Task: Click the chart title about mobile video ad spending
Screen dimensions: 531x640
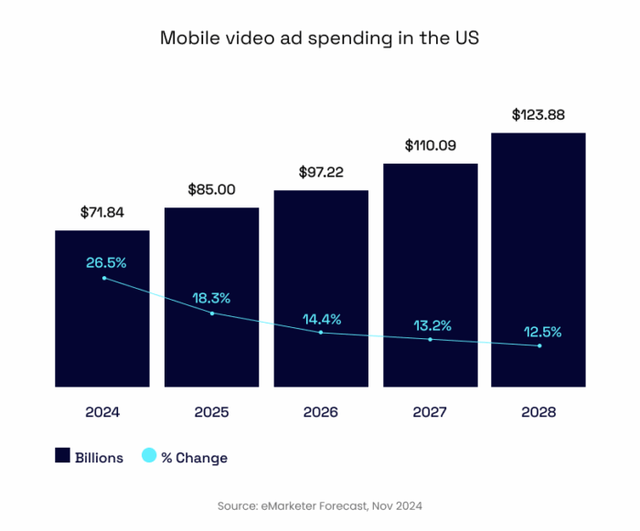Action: tap(320, 38)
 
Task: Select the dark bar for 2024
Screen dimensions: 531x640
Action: tap(102, 338)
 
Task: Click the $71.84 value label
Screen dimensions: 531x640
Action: tap(102, 212)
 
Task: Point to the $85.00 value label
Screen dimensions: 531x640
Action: tap(211, 190)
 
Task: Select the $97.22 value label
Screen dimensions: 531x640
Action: tap(321, 172)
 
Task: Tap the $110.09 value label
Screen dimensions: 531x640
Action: tap(430, 145)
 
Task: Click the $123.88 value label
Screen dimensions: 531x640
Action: tap(539, 115)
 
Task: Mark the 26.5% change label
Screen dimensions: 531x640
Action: tap(106, 263)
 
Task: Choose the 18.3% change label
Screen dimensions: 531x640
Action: tap(211, 298)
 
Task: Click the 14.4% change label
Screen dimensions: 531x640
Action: tap(321, 319)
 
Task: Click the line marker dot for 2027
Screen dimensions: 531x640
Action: tap(430, 340)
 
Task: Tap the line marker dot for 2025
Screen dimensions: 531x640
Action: tap(212, 313)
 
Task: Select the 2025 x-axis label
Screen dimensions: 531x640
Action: tap(211, 412)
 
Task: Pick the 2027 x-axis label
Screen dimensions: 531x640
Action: tap(430, 412)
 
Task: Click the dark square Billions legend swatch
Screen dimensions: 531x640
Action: tap(63, 457)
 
